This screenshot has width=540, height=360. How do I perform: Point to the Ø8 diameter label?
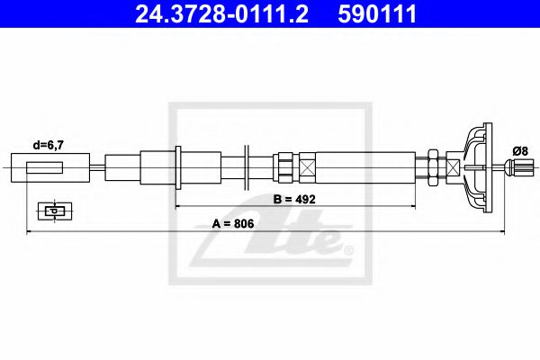pos(519,149)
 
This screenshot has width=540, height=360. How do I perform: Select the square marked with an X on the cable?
pos(308,166)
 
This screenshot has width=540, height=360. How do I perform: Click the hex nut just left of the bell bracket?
pos(434,166)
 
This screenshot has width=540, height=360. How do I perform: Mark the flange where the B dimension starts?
pos(178,166)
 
